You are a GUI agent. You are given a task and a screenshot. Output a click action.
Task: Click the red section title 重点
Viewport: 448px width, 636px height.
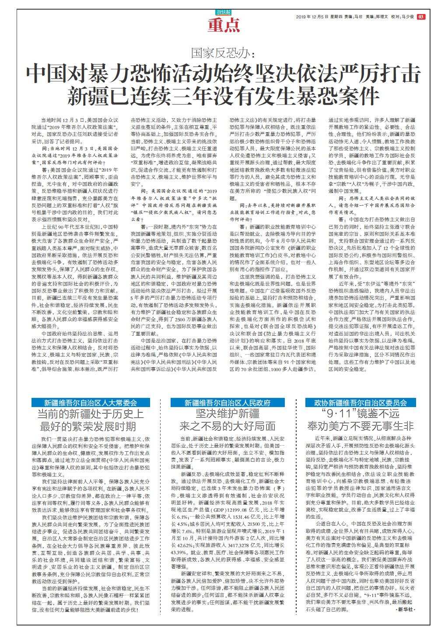(x=224, y=26)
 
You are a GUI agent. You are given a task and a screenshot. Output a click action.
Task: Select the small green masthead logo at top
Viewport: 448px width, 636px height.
(x=224, y=13)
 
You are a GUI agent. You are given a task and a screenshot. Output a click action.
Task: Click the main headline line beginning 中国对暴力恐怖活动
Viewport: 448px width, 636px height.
(x=224, y=73)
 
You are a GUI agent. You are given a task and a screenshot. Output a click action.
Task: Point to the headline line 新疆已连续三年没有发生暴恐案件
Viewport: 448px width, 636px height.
(x=224, y=95)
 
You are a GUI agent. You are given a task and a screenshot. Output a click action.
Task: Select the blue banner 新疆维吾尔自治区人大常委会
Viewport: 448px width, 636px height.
(x=90, y=403)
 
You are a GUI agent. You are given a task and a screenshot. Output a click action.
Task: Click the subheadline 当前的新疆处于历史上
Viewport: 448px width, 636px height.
(x=91, y=415)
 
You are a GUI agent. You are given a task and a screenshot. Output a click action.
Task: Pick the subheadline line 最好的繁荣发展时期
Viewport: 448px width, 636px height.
(x=91, y=427)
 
